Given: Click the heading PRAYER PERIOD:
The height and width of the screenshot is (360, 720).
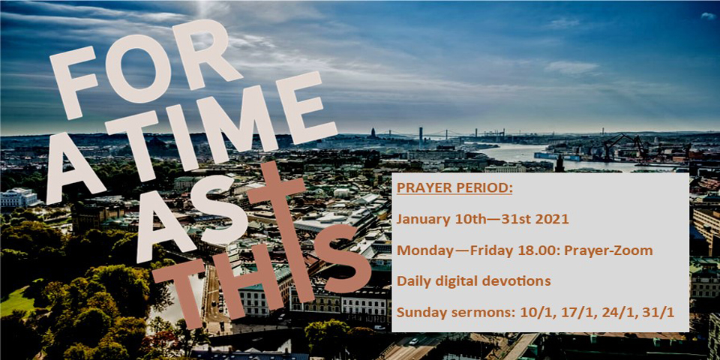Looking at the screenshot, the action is [454, 188].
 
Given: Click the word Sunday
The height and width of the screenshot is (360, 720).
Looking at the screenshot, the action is [418, 313].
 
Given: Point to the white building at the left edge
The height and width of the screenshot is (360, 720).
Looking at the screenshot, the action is [18, 197].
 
